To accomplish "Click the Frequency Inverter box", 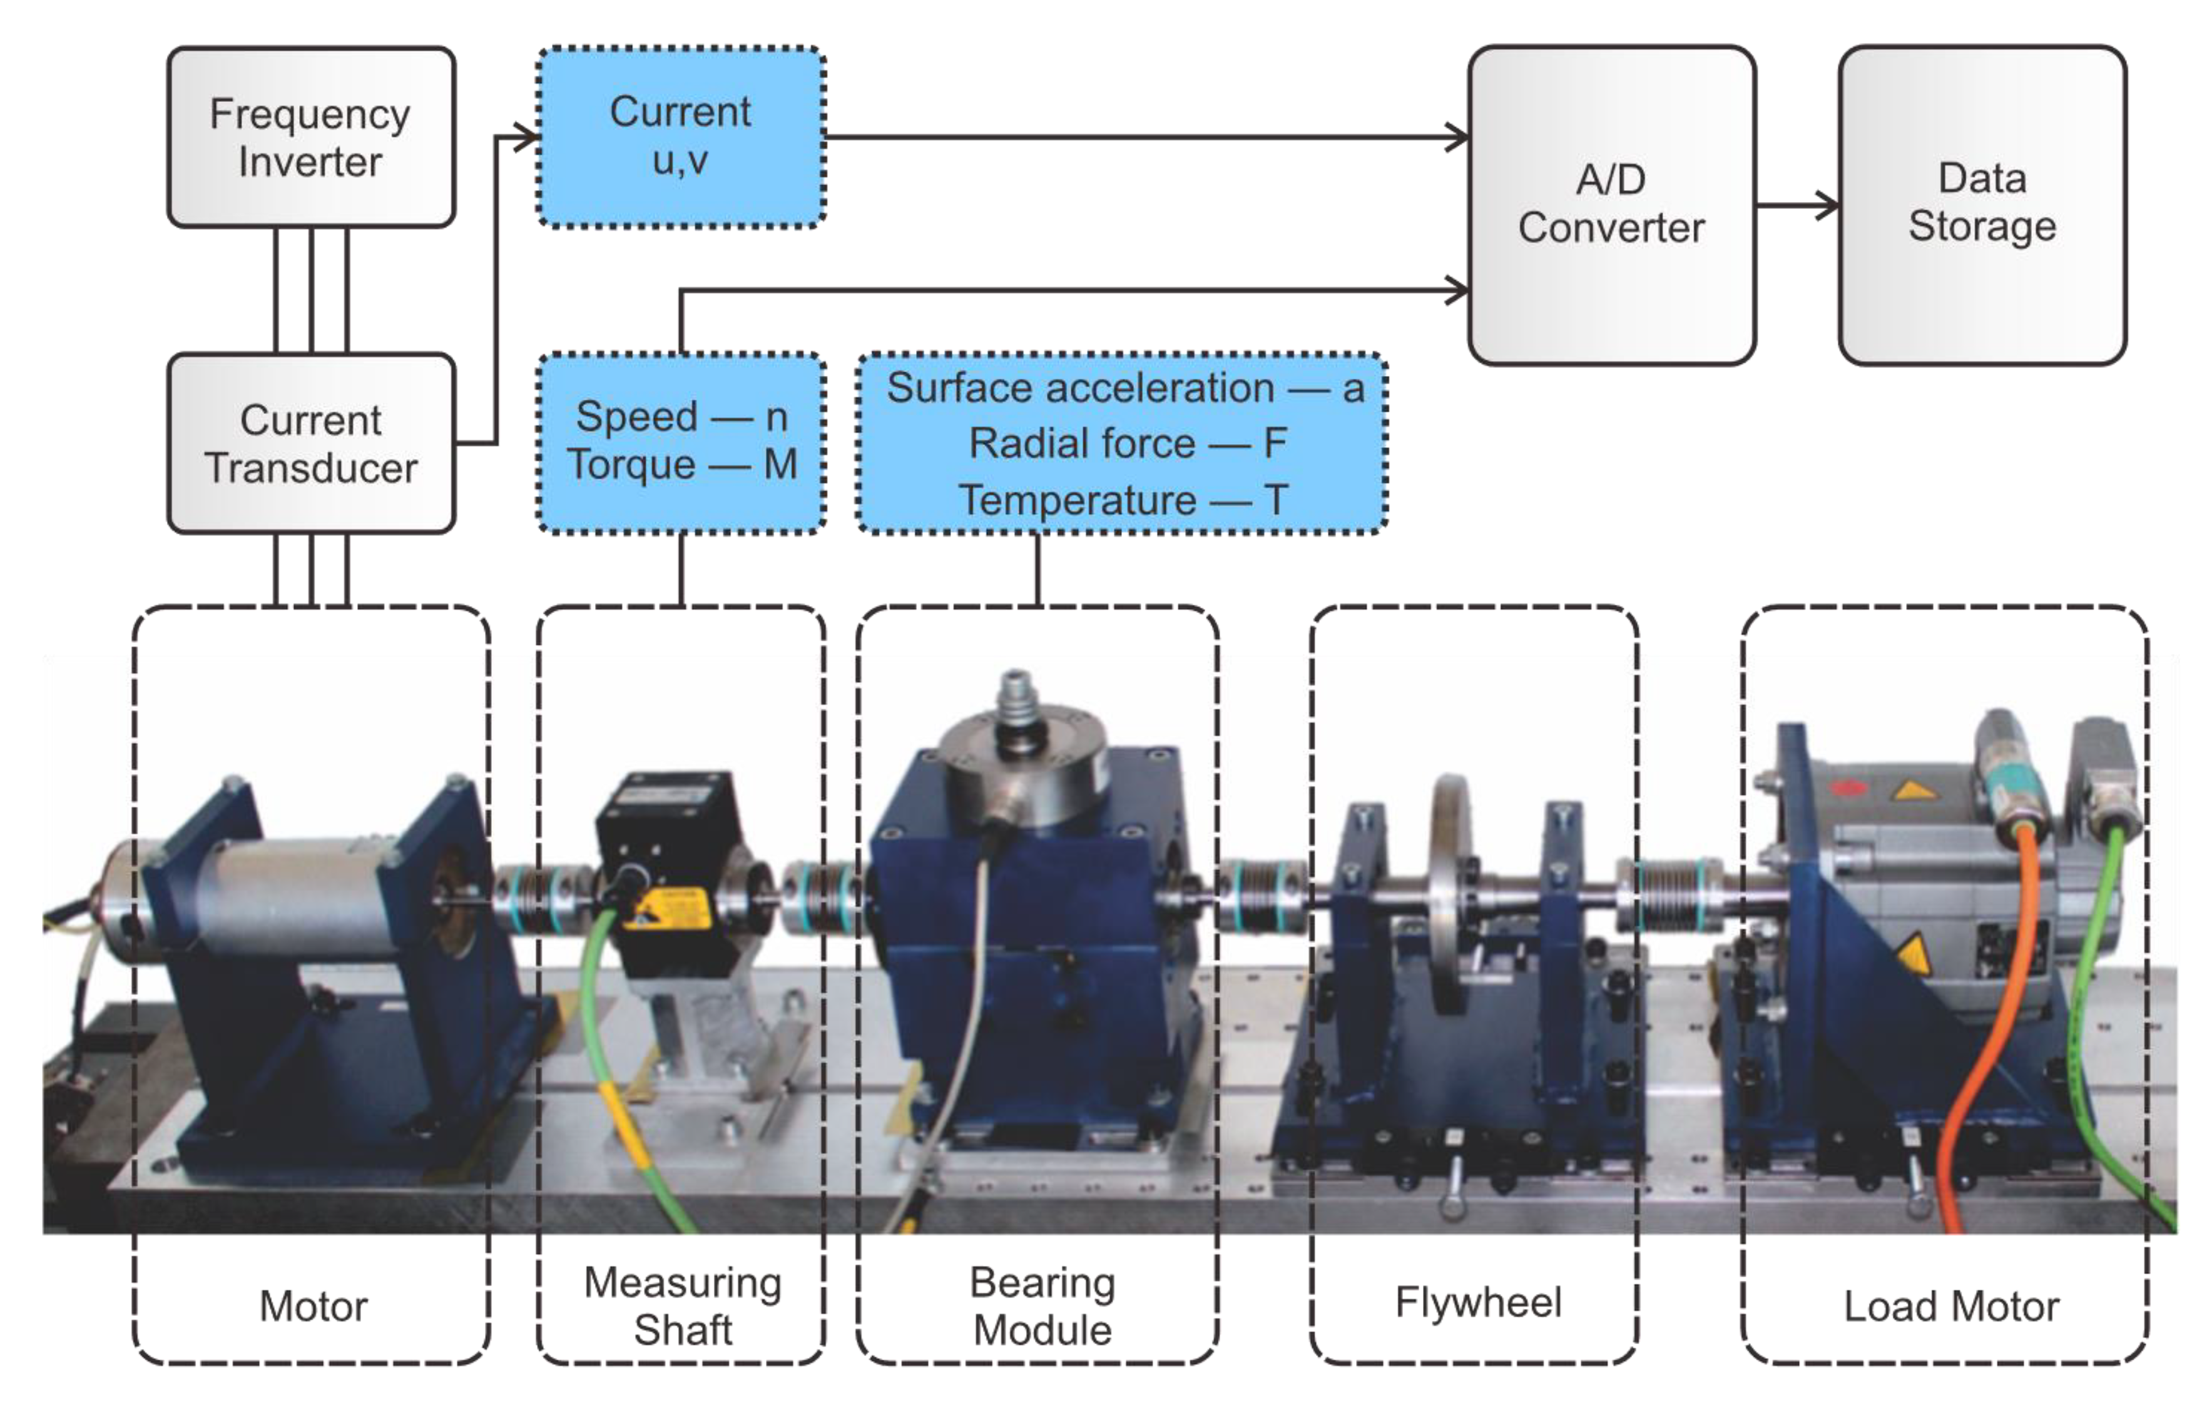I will (310, 137).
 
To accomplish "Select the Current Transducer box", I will (310, 443).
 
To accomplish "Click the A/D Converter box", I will (1611, 204).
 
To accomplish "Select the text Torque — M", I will (681, 465).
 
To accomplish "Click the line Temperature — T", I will (1123, 500).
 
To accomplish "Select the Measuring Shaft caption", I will (681, 1305).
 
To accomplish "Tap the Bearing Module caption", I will (1042, 1305).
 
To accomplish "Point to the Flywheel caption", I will (1477, 1302).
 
